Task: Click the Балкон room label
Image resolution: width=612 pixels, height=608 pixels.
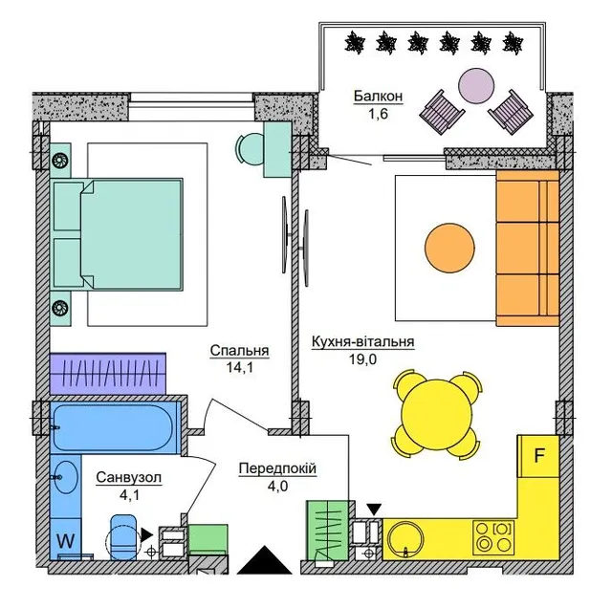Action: [378, 96]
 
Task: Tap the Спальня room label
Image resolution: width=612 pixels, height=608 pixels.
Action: [239, 350]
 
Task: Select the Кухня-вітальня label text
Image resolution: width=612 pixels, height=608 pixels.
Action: [362, 341]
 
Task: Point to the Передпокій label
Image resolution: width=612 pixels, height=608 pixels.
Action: [277, 468]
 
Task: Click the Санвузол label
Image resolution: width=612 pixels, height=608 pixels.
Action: [129, 477]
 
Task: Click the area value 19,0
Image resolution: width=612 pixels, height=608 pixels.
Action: [362, 359]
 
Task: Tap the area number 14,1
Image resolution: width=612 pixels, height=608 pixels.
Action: [240, 367]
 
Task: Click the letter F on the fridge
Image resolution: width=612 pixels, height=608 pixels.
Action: [539, 455]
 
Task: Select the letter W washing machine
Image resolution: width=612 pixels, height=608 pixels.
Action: [66, 541]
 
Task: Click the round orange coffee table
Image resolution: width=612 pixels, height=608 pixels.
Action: [449, 249]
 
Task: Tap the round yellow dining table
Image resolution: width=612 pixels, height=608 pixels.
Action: [438, 415]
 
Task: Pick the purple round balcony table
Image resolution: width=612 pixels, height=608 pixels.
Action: [476, 86]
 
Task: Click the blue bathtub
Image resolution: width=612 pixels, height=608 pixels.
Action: [113, 427]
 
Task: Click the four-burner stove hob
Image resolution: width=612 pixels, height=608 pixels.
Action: [493, 538]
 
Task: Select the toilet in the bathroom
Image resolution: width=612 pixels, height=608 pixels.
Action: [123, 538]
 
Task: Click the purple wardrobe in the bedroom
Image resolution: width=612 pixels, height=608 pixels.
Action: [108, 374]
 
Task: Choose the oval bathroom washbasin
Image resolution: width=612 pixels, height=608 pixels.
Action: [66, 477]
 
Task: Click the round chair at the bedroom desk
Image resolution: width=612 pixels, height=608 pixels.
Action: [251, 149]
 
